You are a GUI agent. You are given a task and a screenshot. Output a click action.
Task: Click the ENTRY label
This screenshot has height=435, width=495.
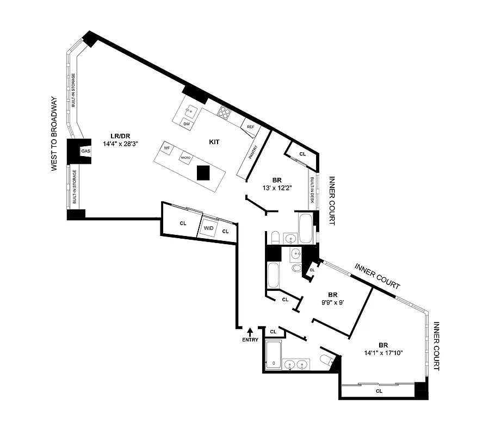(250, 340)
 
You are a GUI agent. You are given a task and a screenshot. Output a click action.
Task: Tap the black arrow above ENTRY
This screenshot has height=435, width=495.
(250, 331)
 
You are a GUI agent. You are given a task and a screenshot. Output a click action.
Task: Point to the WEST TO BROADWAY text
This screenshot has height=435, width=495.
(54, 134)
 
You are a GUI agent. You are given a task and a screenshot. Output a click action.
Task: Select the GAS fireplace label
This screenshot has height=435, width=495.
(85, 151)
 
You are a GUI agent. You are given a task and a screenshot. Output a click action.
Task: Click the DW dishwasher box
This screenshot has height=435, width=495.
(187, 124)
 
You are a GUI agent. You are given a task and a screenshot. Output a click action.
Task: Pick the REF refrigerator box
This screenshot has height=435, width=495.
(251, 127)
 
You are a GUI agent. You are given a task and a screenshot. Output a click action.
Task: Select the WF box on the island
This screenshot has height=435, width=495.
(168, 147)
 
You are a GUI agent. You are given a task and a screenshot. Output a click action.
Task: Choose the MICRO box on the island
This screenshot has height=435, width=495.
(186, 157)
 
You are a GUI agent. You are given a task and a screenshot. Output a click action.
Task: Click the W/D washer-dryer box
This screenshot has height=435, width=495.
(209, 228)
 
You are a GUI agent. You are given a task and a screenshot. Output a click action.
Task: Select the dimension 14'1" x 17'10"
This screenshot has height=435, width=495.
(383, 352)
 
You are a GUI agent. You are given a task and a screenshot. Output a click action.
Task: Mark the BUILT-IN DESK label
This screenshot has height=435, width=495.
(312, 191)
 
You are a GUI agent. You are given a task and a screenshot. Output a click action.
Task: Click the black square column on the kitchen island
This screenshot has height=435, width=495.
(203, 173)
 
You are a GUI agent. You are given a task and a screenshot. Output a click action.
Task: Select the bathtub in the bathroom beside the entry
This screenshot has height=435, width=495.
(273, 352)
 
